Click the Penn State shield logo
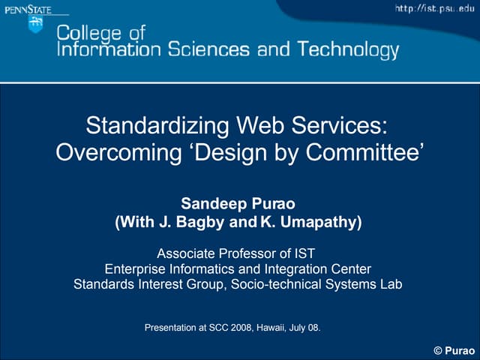[35, 23]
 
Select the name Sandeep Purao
[239, 204]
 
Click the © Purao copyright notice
[454, 351]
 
